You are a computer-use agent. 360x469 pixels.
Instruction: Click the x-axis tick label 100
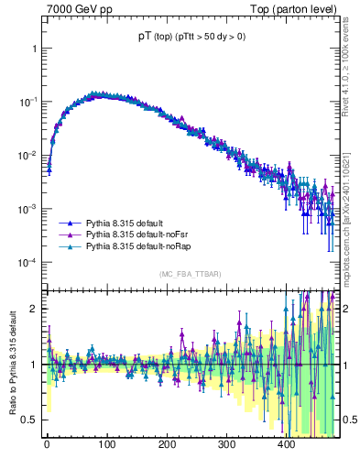[x=106, y=444]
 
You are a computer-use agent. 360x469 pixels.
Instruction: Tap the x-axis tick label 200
[x=167, y=444]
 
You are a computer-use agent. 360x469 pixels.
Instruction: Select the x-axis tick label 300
[x=226, y=444]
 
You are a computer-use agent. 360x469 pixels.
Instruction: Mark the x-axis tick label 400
[x=286, y=444]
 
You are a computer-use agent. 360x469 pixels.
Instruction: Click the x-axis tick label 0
[x=47, y=444]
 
